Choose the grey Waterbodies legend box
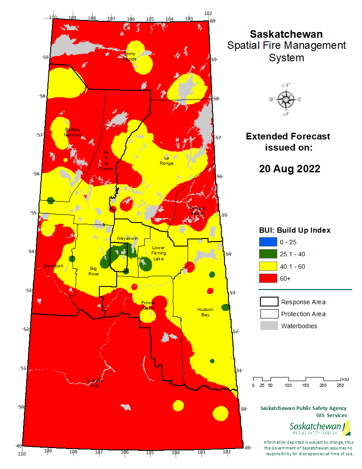[268, 326]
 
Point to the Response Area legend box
[268, 302]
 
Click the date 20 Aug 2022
[289, 169]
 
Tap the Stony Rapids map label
[130, 56]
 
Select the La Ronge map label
[167, 160]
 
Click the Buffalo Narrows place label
[73, 131]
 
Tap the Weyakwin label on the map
[127, 238]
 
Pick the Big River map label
[94, 271]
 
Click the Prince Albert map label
[148, 305]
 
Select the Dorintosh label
[53, 266]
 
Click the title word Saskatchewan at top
[286, 34]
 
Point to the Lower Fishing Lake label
[158, 253]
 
